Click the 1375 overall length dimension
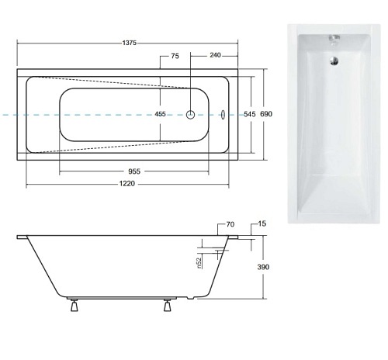(x=129, y=43)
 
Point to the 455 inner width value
(x=161, y=114)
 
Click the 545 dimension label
(x=249, y=114)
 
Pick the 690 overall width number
(x=266, y=114)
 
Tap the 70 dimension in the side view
(x=230, y=225)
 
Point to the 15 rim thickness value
(x=262, y=224)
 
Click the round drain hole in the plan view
(x=190, y=114)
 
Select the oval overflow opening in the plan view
(x=223, y=114)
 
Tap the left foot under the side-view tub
(x=74, y=305)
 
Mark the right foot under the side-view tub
(x=167, y=305)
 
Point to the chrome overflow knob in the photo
(x=334, y=36)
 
